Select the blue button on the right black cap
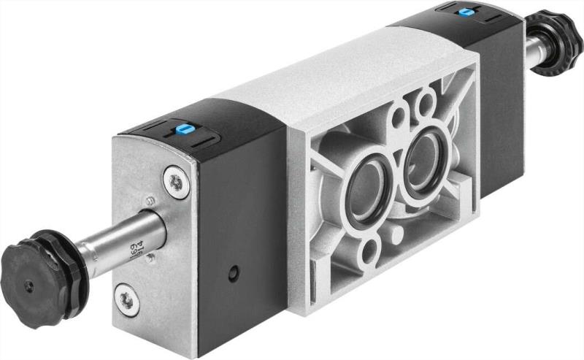[x=464, y=12]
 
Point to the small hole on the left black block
[x=233, y=275]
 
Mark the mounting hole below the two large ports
[x=370, y=252]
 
